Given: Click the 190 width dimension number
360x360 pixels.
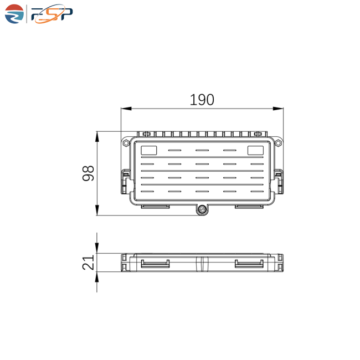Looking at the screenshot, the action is click(202, 100).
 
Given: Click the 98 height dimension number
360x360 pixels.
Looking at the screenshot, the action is click(88, 173).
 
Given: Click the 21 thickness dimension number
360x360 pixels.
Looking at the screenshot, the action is click(88, 262).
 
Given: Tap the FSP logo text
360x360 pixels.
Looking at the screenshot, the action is click(52, 14).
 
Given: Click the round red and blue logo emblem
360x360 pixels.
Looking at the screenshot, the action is click(14, 14).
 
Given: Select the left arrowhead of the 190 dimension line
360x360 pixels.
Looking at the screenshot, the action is click(126, 109).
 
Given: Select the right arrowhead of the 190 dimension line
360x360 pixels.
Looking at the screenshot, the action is click(278, 109).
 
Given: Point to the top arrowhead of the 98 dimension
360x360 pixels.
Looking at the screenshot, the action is click(97, 137).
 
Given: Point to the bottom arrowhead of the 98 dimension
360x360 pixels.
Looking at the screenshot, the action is click(97, 210).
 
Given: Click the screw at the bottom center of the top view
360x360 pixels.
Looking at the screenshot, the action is click(202, 209).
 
